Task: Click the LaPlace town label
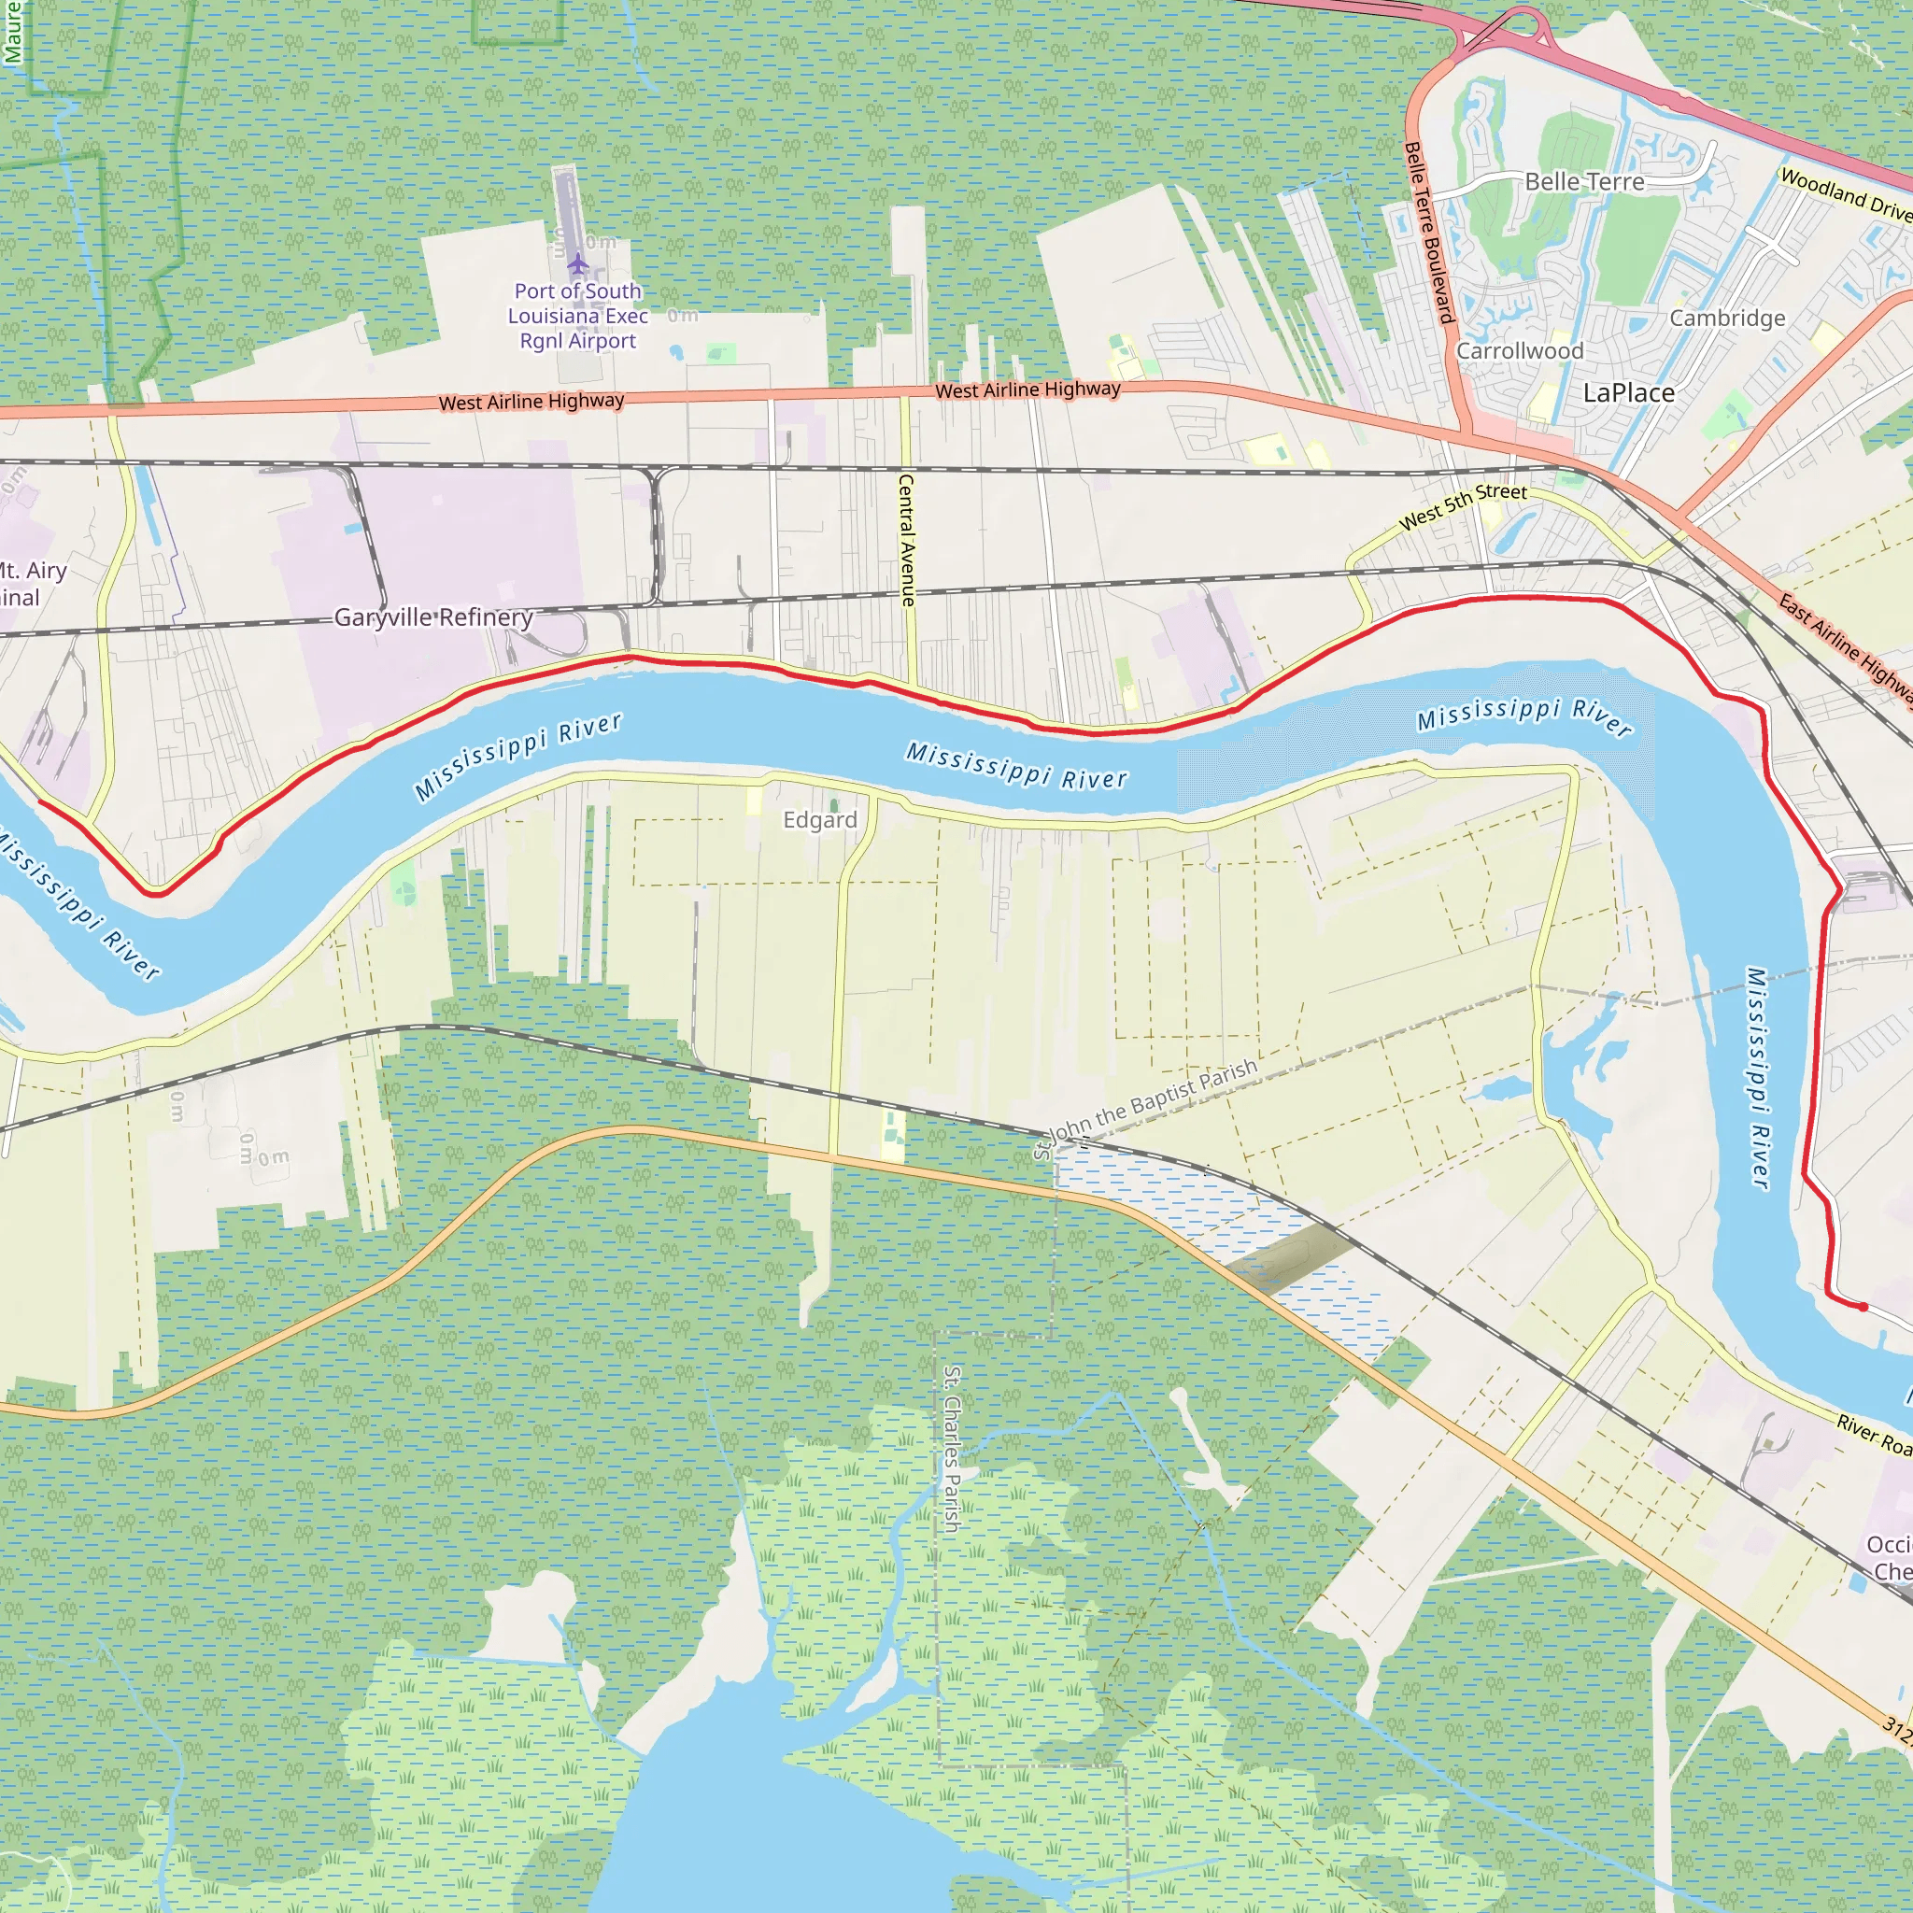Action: tap(1629, 393)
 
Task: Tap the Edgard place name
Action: tap(820, 820)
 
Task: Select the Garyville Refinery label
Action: tap(433, 617)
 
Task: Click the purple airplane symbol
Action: tap(578, 264)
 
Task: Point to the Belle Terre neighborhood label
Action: tap(1584, 182)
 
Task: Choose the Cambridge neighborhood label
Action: tap(1727, 318)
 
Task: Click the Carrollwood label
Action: tap(1520, 351)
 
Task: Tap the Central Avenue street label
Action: tap(906, 540)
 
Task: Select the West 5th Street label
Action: tap(1463, 506)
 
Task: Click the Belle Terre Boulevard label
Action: tap(1429, 233)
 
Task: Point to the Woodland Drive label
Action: tap(1846, 194)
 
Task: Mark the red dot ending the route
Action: tap(1863, 1307)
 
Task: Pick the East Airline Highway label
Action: tap(1844, 648)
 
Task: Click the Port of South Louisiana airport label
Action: tap(578, 316)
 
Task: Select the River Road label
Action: tap(1874, 1435)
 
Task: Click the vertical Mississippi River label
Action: tap(1759, 1077)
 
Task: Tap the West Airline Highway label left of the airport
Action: tap(531, 401)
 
